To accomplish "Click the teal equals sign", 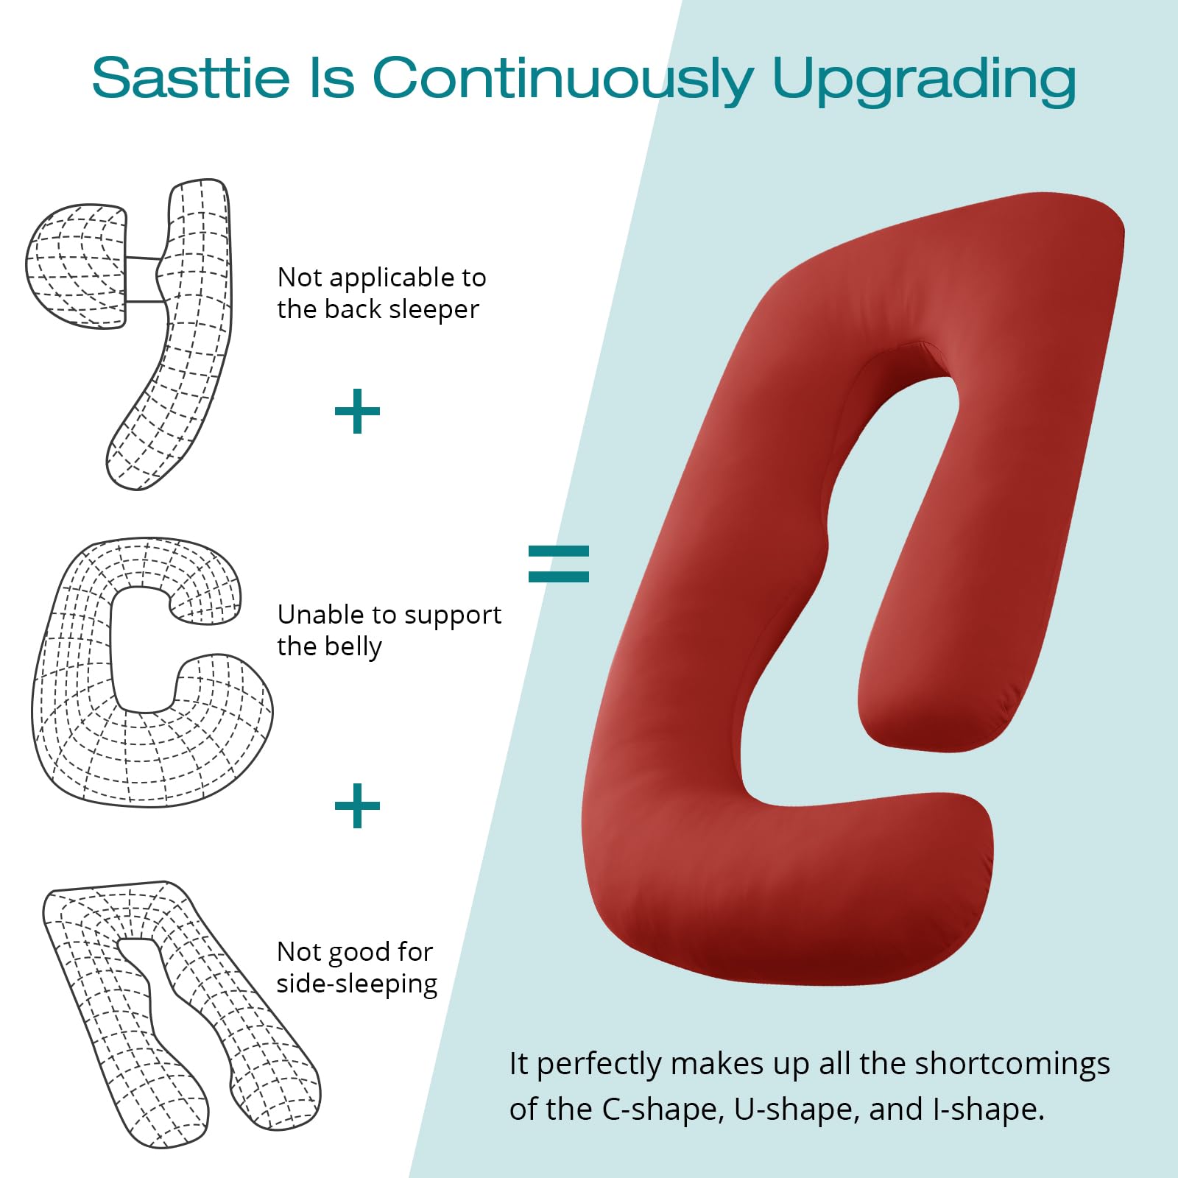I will [x=559, y=564].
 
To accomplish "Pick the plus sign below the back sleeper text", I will [x=357, y=412].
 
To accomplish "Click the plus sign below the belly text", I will [x=357, y=805].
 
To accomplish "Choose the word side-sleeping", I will [x=357, y=984].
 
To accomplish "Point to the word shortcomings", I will [x=1012, y=1065].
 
